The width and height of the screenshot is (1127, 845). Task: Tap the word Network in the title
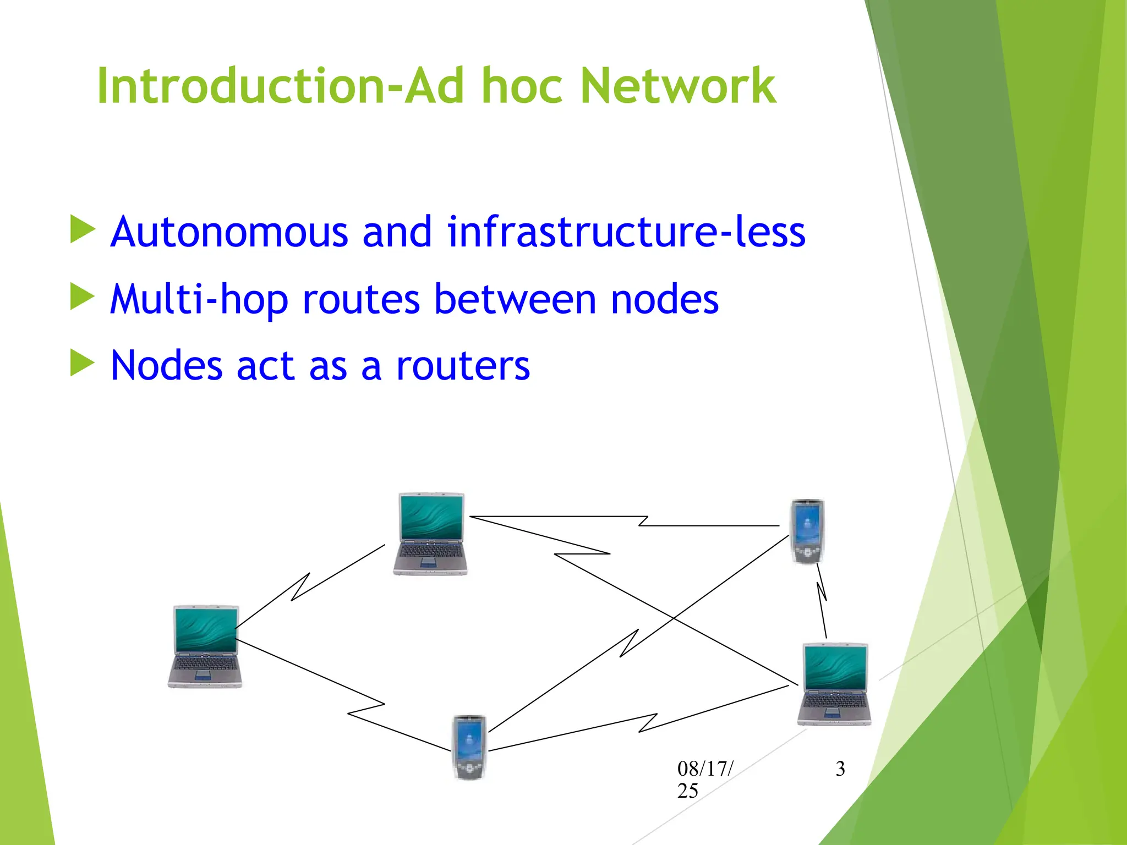coord(678,86)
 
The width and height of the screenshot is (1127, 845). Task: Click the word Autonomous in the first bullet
coord(229,232)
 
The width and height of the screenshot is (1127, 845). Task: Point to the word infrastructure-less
coord(626,232)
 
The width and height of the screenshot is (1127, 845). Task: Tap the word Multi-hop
coord(199,300)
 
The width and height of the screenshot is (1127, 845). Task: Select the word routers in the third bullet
coord(463,366)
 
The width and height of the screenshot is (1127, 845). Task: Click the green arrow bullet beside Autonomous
coord(83,229)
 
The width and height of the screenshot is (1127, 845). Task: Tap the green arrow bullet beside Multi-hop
coord(83,297)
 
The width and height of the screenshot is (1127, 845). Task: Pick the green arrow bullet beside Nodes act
coord(83,364)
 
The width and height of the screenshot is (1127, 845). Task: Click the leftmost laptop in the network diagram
coord(205,646)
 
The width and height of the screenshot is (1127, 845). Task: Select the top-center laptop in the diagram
coord(431,534)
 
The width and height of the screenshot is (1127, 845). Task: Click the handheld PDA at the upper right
coord(807,531)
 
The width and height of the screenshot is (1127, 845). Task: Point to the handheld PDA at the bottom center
coord(469,747)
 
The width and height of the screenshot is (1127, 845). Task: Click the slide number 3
coord(840,769)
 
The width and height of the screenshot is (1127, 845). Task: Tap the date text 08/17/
coord(705,769)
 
